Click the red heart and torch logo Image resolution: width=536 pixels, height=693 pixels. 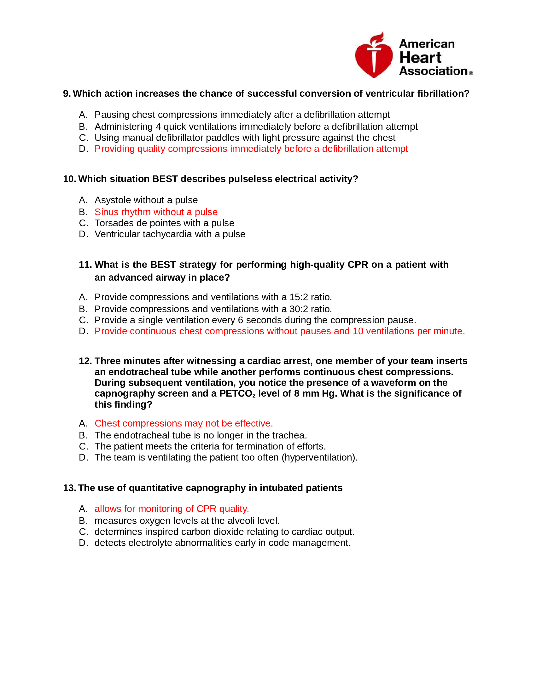374,56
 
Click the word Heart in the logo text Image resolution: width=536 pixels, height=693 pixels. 420,58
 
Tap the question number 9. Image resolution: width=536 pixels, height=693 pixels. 66,94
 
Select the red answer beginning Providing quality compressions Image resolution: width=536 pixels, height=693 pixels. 251,149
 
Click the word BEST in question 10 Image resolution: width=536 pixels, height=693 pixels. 165,179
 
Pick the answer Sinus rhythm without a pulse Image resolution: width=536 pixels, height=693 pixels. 156,212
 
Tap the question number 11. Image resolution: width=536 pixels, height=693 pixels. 85,265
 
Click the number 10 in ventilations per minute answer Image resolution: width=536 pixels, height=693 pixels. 358,331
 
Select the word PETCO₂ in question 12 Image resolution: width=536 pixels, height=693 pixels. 237,394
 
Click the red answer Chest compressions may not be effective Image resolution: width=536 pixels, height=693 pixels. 184,423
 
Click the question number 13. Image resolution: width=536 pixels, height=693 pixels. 69,488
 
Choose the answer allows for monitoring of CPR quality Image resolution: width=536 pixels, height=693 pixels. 172,509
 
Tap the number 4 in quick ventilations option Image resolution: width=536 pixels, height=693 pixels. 158,127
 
